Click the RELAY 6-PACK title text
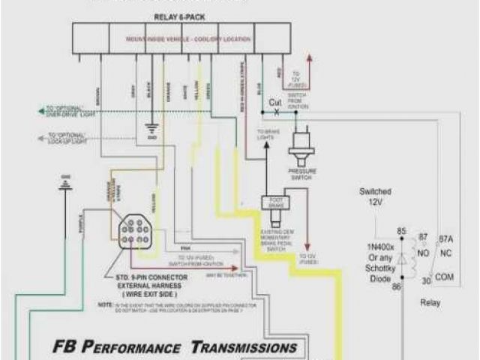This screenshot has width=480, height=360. [x=181, y=16]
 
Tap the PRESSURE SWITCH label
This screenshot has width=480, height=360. [x=302, y=174]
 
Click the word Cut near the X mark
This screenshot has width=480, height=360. [x=275, y=102]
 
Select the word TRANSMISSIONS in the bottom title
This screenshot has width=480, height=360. [x=244, y=347]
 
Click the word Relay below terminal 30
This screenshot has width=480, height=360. [x=430, y=303]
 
